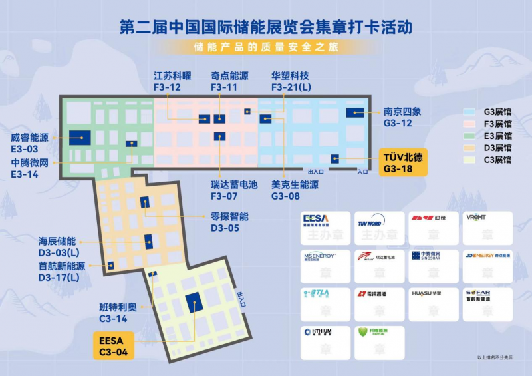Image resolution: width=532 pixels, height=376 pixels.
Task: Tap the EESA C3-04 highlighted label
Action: [x=112, y=345]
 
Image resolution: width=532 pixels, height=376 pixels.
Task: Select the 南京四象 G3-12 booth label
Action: [x=402, y=118]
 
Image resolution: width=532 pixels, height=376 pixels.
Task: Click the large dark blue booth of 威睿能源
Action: [x=80, y=138]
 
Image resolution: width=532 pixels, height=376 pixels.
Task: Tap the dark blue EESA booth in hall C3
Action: [x=194, y=302]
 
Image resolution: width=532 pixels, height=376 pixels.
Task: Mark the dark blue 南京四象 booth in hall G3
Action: [x=354, y=112]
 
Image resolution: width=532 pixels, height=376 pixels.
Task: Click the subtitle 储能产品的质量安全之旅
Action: [x=265, y=47]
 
